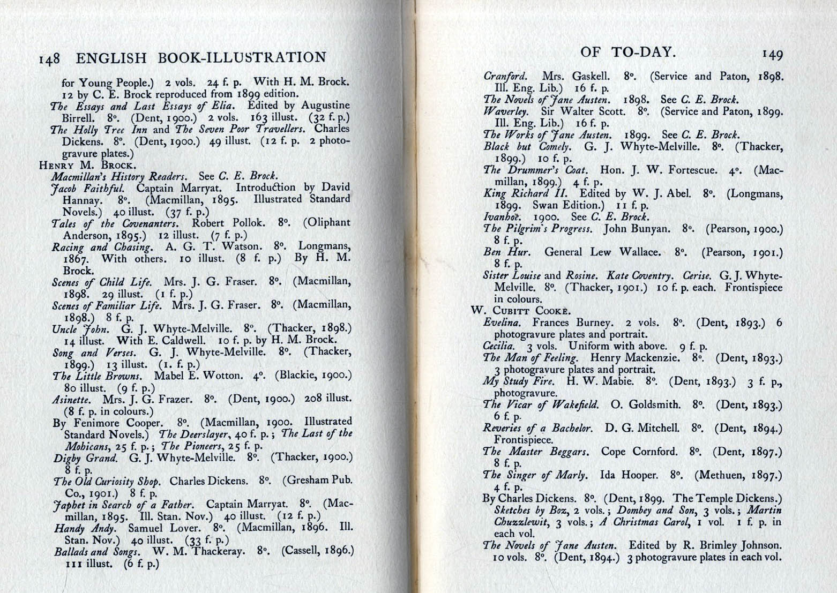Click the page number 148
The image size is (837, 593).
(51, 59)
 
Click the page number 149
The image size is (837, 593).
(771, 54)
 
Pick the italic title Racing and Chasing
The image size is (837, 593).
(102, 247)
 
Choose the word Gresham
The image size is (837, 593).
(310, 481)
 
